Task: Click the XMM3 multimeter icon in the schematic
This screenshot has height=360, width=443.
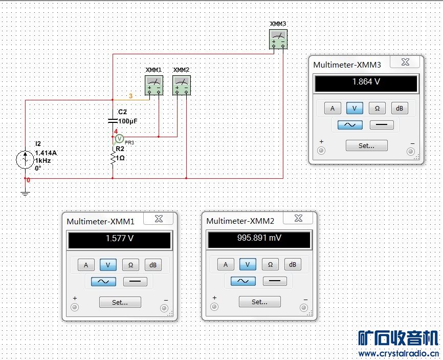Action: click(278, 39)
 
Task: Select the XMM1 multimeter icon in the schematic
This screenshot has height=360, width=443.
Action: click(154, 85)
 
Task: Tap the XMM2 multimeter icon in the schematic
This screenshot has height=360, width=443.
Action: click(182, 85)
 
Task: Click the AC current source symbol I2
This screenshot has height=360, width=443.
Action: click(25, 160)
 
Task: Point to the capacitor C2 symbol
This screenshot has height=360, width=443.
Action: click(113, 121)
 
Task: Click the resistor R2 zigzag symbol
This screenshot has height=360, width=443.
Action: click(113, 158)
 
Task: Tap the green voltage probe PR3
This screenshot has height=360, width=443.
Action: click(120, 139)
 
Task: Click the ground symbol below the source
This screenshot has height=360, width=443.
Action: click(25, 194)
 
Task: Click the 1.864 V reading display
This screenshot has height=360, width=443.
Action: click(366, 83)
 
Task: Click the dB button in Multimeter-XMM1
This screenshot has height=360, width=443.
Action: click(153, 265)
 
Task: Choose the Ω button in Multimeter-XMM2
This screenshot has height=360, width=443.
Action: click(270, 264)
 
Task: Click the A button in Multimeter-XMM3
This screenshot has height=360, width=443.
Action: click(333, 108)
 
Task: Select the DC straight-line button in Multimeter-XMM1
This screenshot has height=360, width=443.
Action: click(135, 281)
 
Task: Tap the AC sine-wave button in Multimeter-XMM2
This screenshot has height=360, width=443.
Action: click(243, 281)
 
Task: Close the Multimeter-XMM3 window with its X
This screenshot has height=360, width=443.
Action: click(405, 62)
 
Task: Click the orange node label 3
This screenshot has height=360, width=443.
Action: click(130, 96)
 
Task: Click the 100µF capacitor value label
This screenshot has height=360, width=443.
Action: click(128, 121)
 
